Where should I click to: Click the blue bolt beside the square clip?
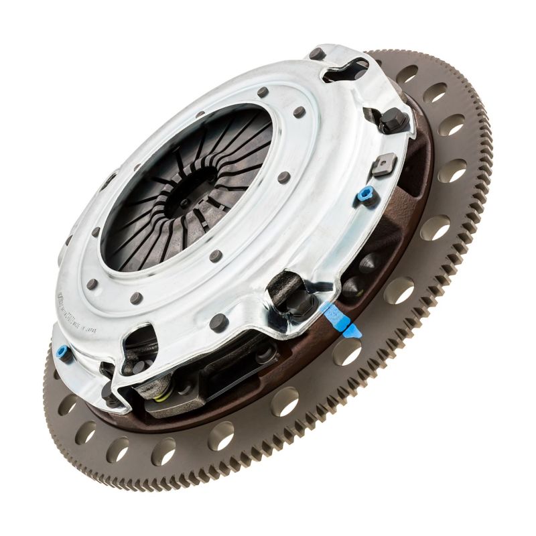coord(366,196)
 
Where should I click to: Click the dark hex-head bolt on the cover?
coord(393,121)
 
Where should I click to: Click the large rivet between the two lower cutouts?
coord(219,323)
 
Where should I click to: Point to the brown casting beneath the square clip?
coord(402,201)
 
